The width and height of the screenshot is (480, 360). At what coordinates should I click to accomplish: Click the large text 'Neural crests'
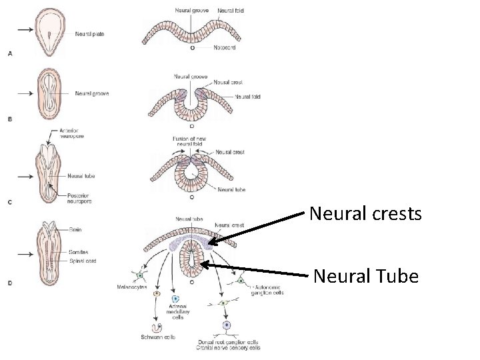[365, 215]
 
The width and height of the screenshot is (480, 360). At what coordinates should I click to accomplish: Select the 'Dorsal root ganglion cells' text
[229, 342]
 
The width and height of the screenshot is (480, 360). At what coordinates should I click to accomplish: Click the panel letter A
[9, 54]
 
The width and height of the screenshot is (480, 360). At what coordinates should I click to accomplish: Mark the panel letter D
[9, 283]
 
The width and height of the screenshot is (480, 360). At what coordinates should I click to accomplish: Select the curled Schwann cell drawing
[157, 327]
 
